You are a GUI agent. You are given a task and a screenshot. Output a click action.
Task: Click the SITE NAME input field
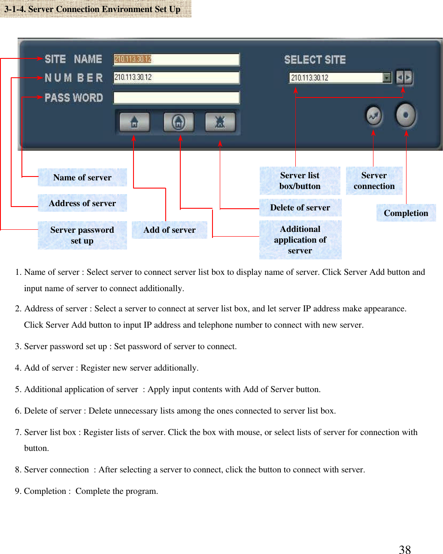point(176,59)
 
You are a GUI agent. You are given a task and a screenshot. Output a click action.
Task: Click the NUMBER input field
point(176,77)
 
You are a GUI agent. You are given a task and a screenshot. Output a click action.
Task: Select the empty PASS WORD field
point(176,97)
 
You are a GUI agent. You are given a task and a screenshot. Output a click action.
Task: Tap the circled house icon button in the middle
point(179,123)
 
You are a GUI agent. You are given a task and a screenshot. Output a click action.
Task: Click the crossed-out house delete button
point(220,123)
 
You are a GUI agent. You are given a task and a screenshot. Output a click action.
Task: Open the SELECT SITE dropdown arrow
point(387,78)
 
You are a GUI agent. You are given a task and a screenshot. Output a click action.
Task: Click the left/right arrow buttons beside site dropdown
point(404,78)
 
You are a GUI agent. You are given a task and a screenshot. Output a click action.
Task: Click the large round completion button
point(406,115)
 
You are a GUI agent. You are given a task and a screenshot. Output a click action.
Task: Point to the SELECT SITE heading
point(315,60)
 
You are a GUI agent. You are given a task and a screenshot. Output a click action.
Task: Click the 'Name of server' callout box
point(82,177)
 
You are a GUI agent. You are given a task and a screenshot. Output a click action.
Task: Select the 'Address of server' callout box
point(82,203)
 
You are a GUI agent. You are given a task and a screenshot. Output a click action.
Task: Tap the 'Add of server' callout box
point(170,230)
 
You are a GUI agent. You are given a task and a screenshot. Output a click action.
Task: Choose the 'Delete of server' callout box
point(300,208)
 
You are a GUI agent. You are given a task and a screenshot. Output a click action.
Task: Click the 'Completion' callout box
point(406,213)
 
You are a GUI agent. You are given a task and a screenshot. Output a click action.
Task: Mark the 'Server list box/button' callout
point(300,181)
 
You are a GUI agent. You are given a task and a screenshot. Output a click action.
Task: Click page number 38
point(404,550)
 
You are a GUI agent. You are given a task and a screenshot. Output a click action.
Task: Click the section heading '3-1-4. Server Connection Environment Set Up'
point(93,9)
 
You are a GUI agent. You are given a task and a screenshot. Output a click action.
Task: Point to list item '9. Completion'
point(86,491)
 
